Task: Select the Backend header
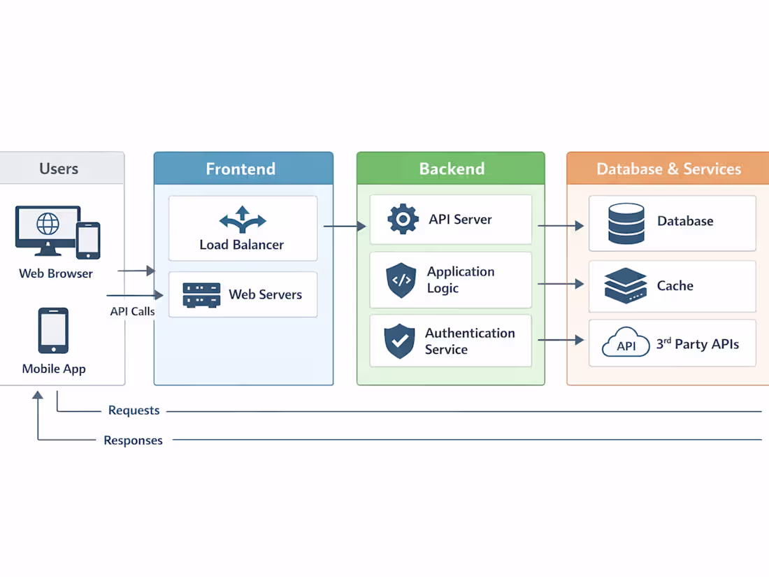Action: pyautogui.click(x=451, y=169)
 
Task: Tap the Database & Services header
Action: pyautogui.click(x=668, y=169)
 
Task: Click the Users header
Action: pyautogui.click(x=59, y=169)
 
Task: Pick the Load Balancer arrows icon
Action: pyautogui.click(x=243, y=220)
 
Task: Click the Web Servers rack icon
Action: pyautogui.click(x=201, y=294)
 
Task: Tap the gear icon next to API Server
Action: pyautogui.click(x=403, y=219)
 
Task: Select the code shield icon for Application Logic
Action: pyautogui.click(x=401, y=280)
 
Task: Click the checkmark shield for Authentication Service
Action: pyautogui.click(x=399, y=341)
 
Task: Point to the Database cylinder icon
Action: pyautogui.click(x=626, y=223)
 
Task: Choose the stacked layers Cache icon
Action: pyautogui.click(x=625, y=285)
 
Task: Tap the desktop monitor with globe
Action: pyautogui.click(x=47, y=229)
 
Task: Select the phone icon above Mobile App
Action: pyautogui.click(x=53, y=331)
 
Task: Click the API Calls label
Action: pyautogui.click(x=132, y=311)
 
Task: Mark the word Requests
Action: pyautogui.click(x=134, y=411)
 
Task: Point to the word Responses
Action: pyautogui.click(x=133, y=441)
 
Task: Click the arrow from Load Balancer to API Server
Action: pyautogui.click(x=345, y=226)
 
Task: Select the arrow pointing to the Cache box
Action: pyautogui.click(x=561, y=284)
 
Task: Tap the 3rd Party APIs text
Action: pyautogui.click(x=697, y=344)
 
